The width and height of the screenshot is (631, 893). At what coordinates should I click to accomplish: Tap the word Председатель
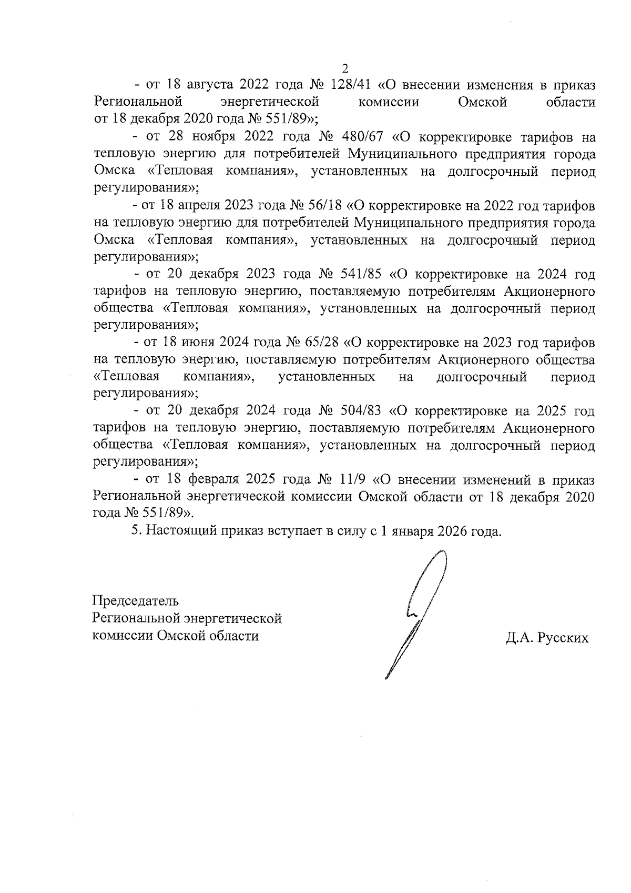coord(136,600)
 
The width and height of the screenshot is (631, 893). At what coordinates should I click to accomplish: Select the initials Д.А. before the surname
coord(521,638)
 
